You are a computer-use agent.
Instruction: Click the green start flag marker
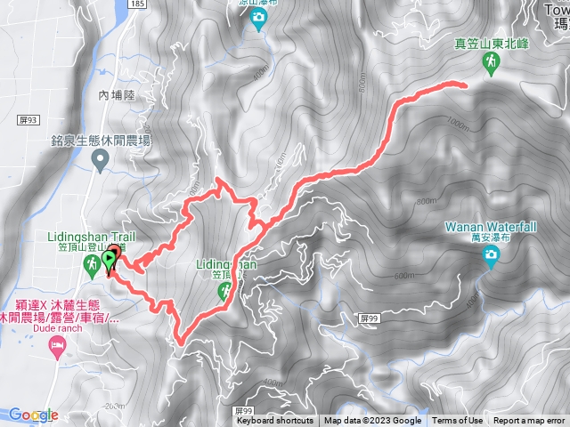[x=110, y=260]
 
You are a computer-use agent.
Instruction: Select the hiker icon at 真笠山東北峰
[x=490, y=61]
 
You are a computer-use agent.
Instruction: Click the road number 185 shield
[x=135, y=5]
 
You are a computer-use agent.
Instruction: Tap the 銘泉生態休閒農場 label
[x=101, y=141]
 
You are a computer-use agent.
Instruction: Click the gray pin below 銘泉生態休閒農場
[x=101, y=161]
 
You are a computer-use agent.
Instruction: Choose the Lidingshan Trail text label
[x=86, y=238]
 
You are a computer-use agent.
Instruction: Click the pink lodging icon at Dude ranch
[x=59, y=342]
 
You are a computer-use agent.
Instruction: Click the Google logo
[x=33, y=415]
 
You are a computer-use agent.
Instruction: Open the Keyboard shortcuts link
[x=274, y=421]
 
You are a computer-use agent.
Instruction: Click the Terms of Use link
[x=458, y=421]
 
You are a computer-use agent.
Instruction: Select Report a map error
[x=529, y=421]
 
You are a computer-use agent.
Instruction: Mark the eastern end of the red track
[x=464, y=84]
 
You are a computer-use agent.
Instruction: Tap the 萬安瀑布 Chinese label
[x=490, y=238]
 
